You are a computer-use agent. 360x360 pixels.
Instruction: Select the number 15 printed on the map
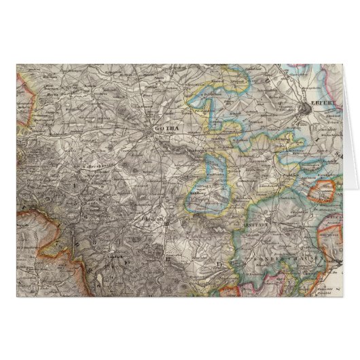(x=217, y=262)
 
